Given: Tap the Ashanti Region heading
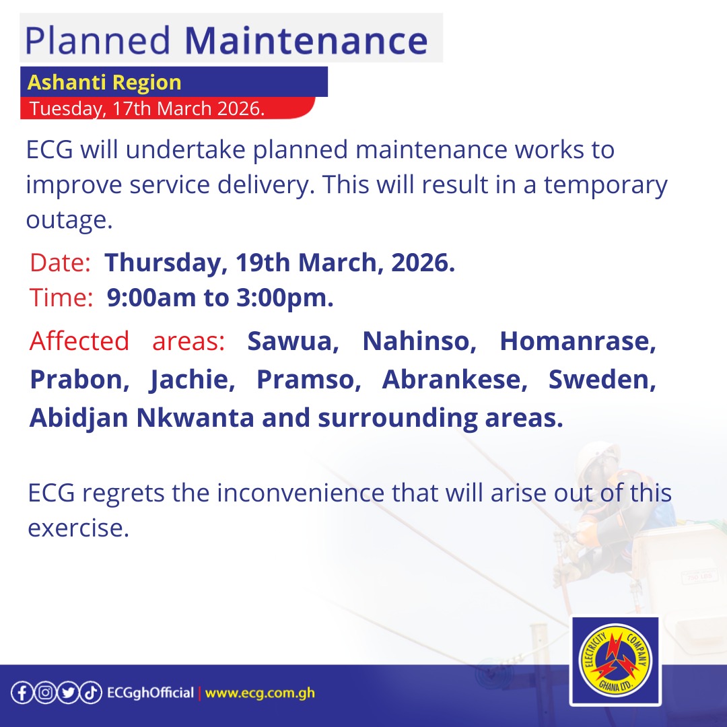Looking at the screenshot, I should (104, 83).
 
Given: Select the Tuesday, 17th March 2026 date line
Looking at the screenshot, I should (147, 108).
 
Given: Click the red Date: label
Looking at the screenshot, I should (60, 263).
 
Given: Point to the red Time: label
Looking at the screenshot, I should (61, 298).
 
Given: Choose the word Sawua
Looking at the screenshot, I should (293, 341).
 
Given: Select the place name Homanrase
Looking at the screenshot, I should (578, 341).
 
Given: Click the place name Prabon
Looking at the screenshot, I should (79, 380).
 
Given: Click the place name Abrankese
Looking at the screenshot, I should (455, 380).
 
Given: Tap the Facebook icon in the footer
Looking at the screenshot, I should (21, 693).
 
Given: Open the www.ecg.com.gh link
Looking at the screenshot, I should (260, 693).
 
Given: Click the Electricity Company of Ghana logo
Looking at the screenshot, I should (614, 661).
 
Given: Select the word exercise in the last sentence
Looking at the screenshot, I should (78, 528).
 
